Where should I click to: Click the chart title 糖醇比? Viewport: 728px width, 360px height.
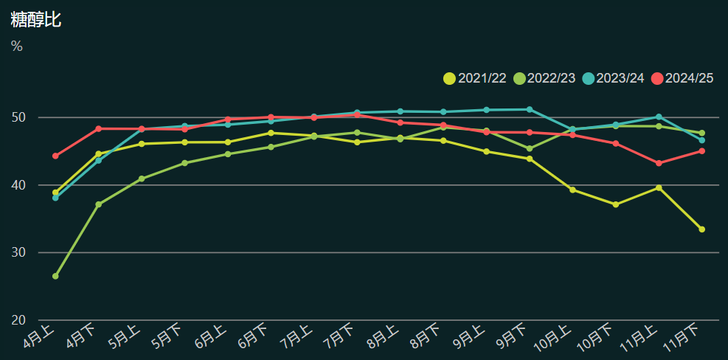click(x=35, y=20)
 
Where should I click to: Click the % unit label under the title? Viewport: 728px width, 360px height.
click(x=17, y=46)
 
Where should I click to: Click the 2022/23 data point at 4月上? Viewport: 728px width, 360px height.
click(x=55, y=276)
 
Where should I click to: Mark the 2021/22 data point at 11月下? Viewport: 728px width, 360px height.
click(x=701, y=229)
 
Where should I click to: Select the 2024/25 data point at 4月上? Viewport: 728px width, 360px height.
click(x=55, y=156)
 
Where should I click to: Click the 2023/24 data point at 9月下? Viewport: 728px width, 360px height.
click(x=530, y=109)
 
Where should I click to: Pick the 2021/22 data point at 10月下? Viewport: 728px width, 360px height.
click(x=615, y=204)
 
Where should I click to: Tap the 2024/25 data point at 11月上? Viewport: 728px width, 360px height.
click(x=659, y=163)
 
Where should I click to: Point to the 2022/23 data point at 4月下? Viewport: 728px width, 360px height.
click(x=98, y=204)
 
